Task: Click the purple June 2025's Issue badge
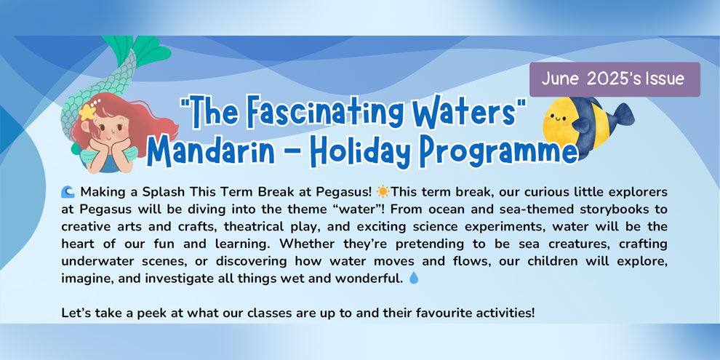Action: (x=615, y=79)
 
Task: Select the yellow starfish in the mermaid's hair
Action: (x=87, y=111)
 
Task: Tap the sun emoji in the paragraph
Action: (x=382, y=191)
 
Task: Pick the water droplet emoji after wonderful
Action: (x=414, y=279)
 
